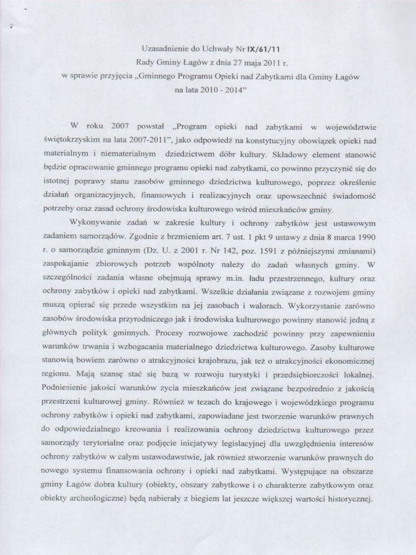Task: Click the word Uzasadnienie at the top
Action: click(x=158, y=47)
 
